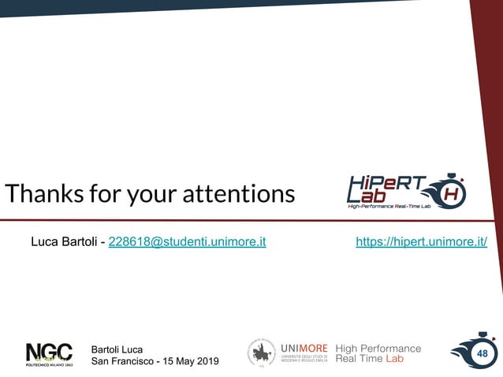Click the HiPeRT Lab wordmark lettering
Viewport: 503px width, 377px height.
pyautogui.click(x=386, y=190)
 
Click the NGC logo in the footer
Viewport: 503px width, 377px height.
pyautogui.click(x=49, y=353)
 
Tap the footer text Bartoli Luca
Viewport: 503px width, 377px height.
pyautogui.click(x=117, y=349)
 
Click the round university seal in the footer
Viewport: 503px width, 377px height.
pyautogui.click(x=261, y=353)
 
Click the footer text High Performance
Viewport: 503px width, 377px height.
pyautogui.click(x=378, y=348)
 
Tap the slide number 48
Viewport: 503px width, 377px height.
pyautogui.click(x=481, y=354)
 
